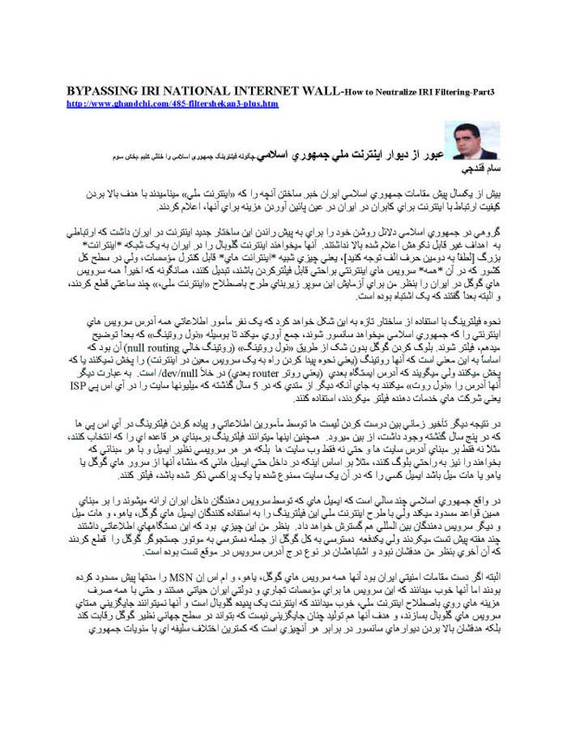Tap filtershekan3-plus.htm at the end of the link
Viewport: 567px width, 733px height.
(234, 104)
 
